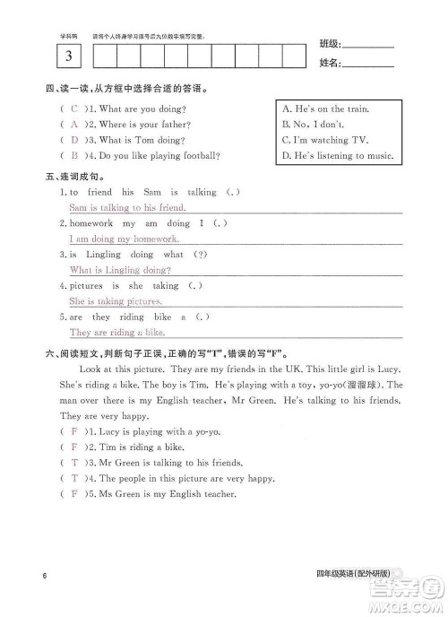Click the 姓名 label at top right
329,64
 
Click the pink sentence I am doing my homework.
124,239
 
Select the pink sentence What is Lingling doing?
120,270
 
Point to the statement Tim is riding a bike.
142,447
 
